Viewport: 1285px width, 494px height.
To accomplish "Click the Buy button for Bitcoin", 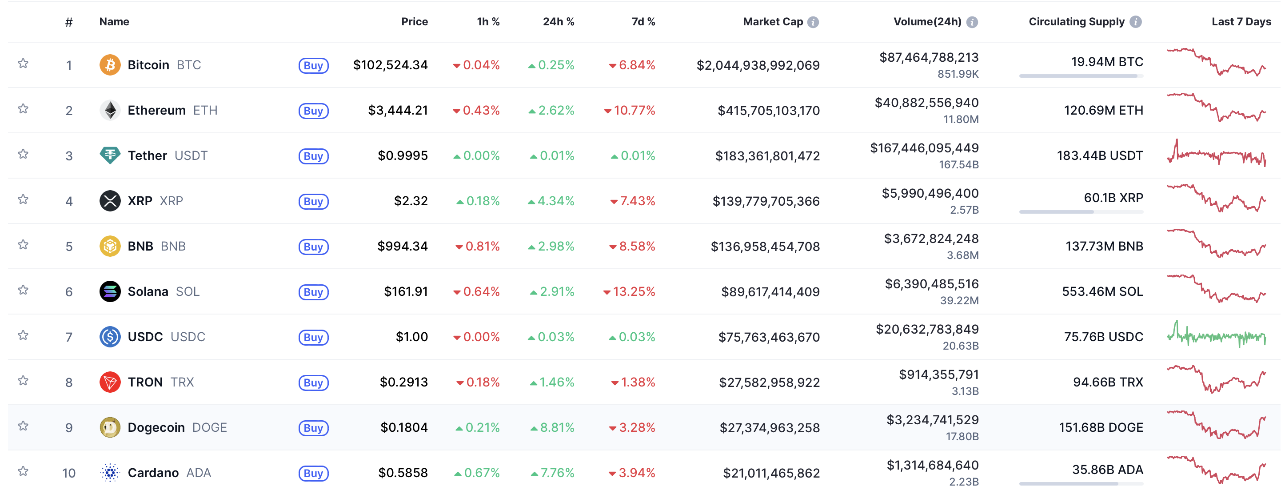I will coord(313,65).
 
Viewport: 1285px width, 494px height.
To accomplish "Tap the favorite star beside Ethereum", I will coord(23,109).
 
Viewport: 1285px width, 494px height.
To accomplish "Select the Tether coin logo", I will coord(110,155).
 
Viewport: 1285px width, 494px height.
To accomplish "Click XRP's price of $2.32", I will coord(411,201).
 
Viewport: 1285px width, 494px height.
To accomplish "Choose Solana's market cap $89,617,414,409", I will coord(770,292).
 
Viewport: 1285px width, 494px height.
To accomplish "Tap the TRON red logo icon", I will coord(110,382).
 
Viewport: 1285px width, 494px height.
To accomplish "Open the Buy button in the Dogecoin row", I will coord(313,428).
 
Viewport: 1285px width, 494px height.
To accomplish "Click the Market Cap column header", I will coord(773,22).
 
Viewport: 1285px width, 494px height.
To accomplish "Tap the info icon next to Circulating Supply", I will coord(1136,22).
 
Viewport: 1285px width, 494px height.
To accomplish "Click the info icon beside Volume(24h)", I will coord(972,22).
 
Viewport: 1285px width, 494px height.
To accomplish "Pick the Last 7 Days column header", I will coord(1241,22).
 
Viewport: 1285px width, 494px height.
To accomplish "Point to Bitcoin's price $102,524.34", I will coord(390,65).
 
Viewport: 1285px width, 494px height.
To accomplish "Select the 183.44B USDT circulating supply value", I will coord(1099,155).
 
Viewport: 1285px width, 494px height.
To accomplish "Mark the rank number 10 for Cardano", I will coord(69,473).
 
